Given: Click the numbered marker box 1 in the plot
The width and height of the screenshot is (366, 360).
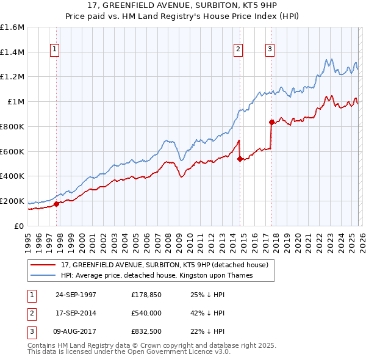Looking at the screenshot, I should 56,49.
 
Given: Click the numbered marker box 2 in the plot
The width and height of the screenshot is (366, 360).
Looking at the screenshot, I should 238,49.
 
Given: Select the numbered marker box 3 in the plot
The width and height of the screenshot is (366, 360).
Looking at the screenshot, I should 270,49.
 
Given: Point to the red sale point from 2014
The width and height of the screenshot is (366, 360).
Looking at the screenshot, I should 240,159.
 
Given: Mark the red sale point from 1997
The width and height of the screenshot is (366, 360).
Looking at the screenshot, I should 57,204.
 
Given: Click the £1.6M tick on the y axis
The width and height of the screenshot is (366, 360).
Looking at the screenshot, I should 12,27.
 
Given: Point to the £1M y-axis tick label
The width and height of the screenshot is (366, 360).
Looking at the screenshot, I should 15,102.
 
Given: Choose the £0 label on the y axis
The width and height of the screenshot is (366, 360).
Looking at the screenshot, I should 20,226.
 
